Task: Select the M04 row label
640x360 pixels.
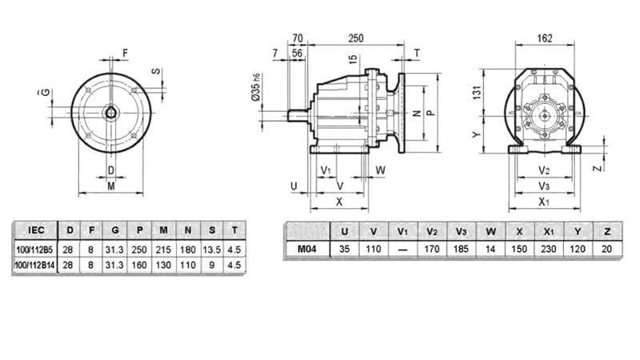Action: (x=307, y=250)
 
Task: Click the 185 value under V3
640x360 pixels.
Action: (x=461, y=250)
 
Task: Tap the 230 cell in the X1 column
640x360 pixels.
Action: (x=549, y=250)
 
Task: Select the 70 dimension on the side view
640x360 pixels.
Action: (x=297, y=37)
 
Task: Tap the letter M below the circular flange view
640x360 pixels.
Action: (x=110, y=186)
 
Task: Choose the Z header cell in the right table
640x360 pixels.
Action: (x=607, y=231)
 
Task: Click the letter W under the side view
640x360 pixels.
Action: (x=381, y=170)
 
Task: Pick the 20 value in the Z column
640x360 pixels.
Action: (x=607, y=250)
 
